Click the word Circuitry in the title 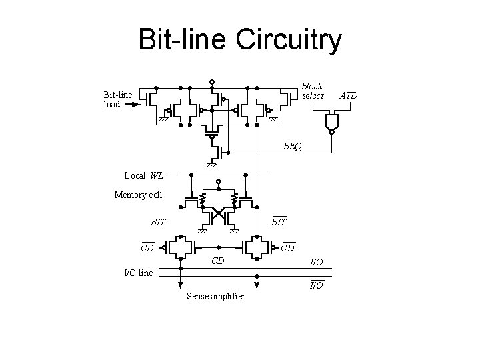288,39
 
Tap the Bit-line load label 117,99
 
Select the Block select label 312,91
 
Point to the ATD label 349,95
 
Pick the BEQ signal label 291,145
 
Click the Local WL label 143,175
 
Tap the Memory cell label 137,195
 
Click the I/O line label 139,272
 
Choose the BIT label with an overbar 279,222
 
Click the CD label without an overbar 217,260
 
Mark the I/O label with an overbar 316,286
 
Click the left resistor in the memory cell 201,198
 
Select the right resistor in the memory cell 234,198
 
